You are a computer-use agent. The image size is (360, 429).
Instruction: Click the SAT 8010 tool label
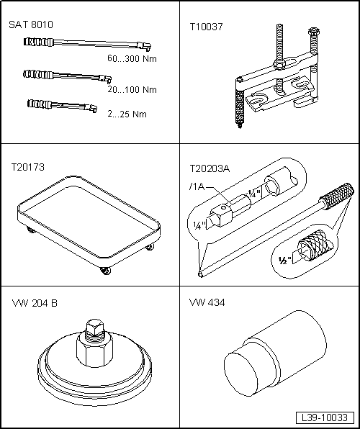click(31, 24)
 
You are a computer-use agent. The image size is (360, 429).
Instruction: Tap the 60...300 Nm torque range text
click(132, 58)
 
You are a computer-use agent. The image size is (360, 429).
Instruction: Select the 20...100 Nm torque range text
click(132, 90)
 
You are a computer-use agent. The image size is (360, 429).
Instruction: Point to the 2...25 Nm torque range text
click(127, 114)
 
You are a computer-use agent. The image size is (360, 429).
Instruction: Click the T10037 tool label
click(207, 27)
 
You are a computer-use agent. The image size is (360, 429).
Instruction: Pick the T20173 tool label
click(27, 167)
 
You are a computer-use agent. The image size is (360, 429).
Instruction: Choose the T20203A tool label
click(210, 169)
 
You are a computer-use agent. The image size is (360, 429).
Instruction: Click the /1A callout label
click(197, 187)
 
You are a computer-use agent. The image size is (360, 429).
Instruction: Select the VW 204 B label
click(35, 304)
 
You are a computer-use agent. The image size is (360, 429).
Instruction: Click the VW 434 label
click(207, 302)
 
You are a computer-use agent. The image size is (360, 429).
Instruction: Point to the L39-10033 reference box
click(325, 417)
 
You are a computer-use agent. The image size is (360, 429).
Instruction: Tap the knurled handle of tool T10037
click(240, 107)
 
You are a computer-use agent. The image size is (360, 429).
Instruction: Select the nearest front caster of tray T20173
click(105, 271)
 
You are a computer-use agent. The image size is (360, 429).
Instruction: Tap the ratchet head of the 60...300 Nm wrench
click(144, 46)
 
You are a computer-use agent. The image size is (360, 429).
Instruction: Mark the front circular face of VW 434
click(241, 374)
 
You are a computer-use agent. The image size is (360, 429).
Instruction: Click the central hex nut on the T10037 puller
click(279, 65)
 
